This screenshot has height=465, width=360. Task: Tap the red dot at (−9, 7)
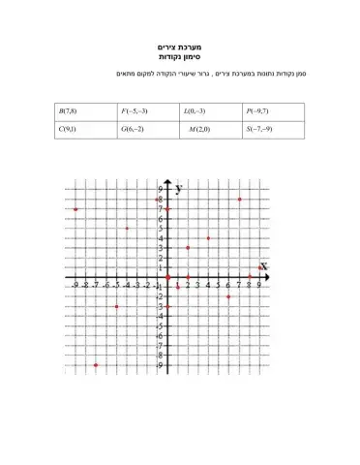tap(75, 209)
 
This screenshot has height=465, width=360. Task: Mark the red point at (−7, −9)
tap(96, 365)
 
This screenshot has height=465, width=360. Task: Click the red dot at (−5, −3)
tap(116, 307)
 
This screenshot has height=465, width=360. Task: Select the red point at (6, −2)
tap(228, 297)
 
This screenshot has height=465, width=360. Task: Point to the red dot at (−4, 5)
tap(127, 229)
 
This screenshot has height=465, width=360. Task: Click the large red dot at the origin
tap(167, 277)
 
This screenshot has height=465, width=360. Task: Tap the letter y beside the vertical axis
tap(179, 190)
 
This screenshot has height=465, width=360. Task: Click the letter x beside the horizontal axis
tap(262, 265)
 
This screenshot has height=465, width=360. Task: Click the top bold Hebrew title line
tap(179, 47)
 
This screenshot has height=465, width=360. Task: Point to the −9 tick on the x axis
tap(75, 286)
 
